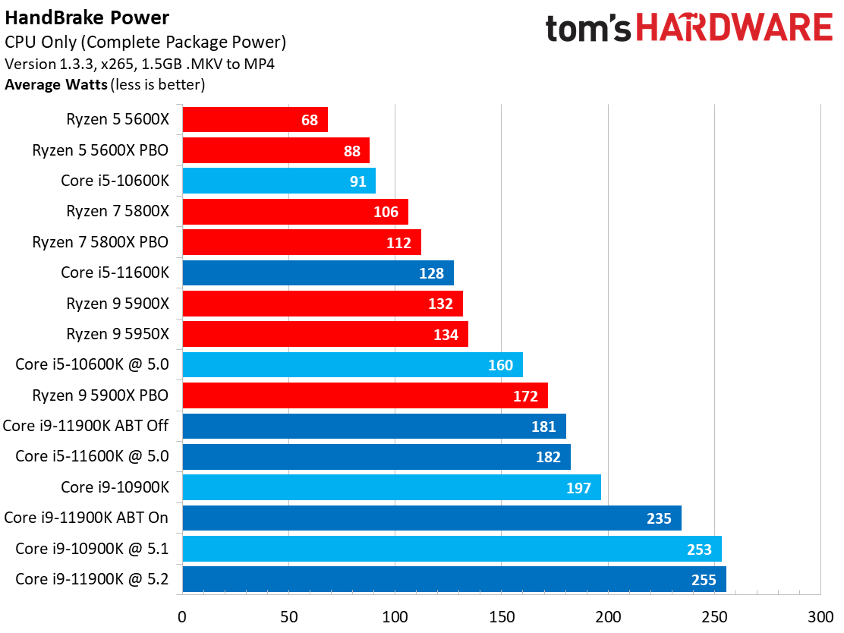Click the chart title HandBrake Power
coord(87,17)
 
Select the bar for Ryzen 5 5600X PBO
coord(276,150)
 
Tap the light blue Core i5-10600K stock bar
coord(279,181)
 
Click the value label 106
coord(386,212)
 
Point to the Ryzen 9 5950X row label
coord(117,334)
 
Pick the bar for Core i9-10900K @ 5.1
coord(452,549)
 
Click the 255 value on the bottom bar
coord(704,580)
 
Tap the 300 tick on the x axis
coord(820,617)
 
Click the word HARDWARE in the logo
coord(734,29)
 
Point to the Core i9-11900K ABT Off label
coord(85,426)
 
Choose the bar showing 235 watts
coord(432,518)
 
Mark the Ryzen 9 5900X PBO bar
coord(364,395)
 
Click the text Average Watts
coord(55,84)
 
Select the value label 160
coord(500,365)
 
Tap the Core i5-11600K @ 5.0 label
coord(92,456)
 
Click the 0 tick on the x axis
coord(182,617)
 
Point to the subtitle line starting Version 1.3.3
coord(140,64)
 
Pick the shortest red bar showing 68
coord(255,120)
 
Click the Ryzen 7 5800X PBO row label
coord(100,242)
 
